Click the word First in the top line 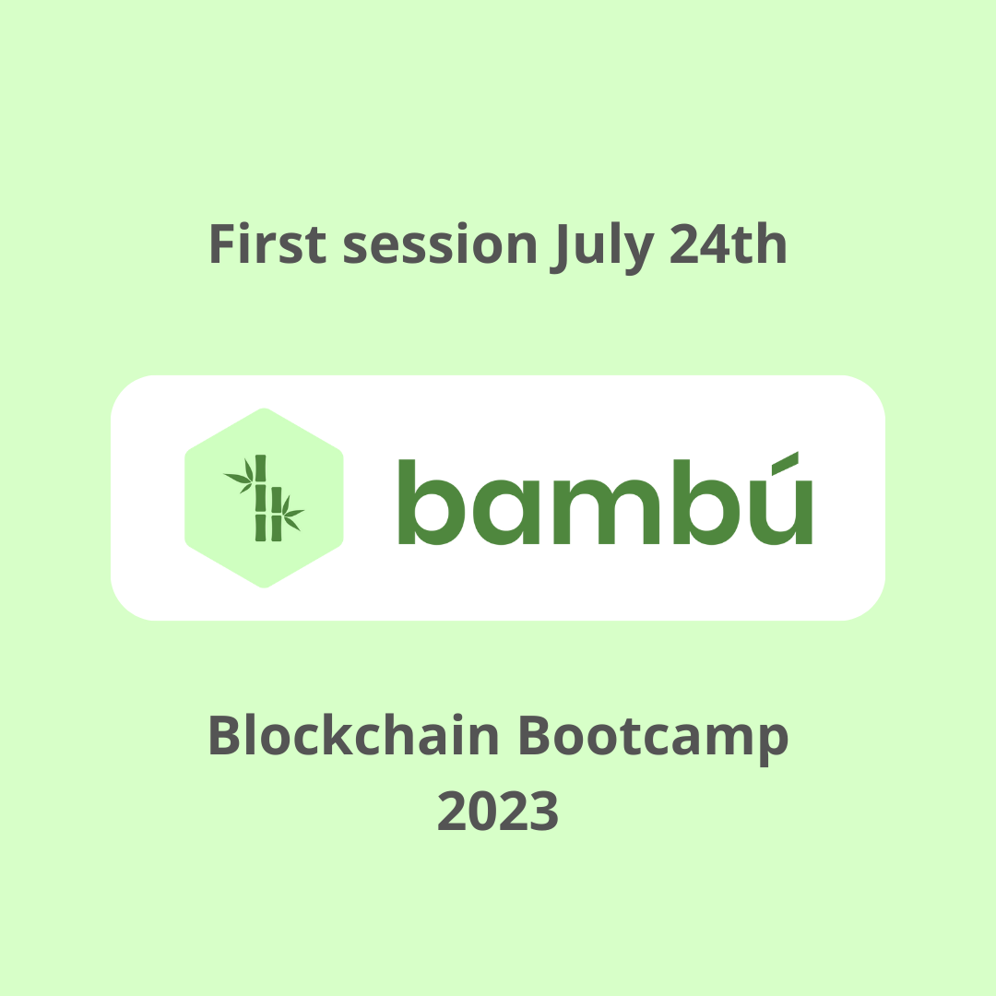(267, 245)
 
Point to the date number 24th (729, 245)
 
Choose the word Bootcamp (651, 739)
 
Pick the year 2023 (498, 811)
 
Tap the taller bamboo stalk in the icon (260, 498)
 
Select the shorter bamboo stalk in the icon (276, 514)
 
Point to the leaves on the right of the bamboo (292, 515)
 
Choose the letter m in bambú (603, 513)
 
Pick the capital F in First (222, 245)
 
